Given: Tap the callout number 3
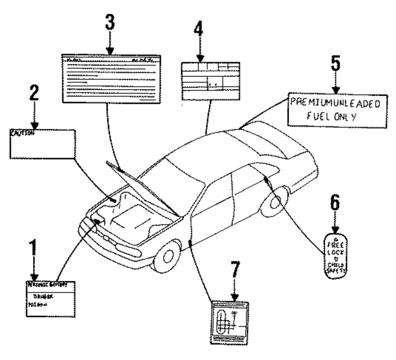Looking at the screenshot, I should (x=110, y=25).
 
